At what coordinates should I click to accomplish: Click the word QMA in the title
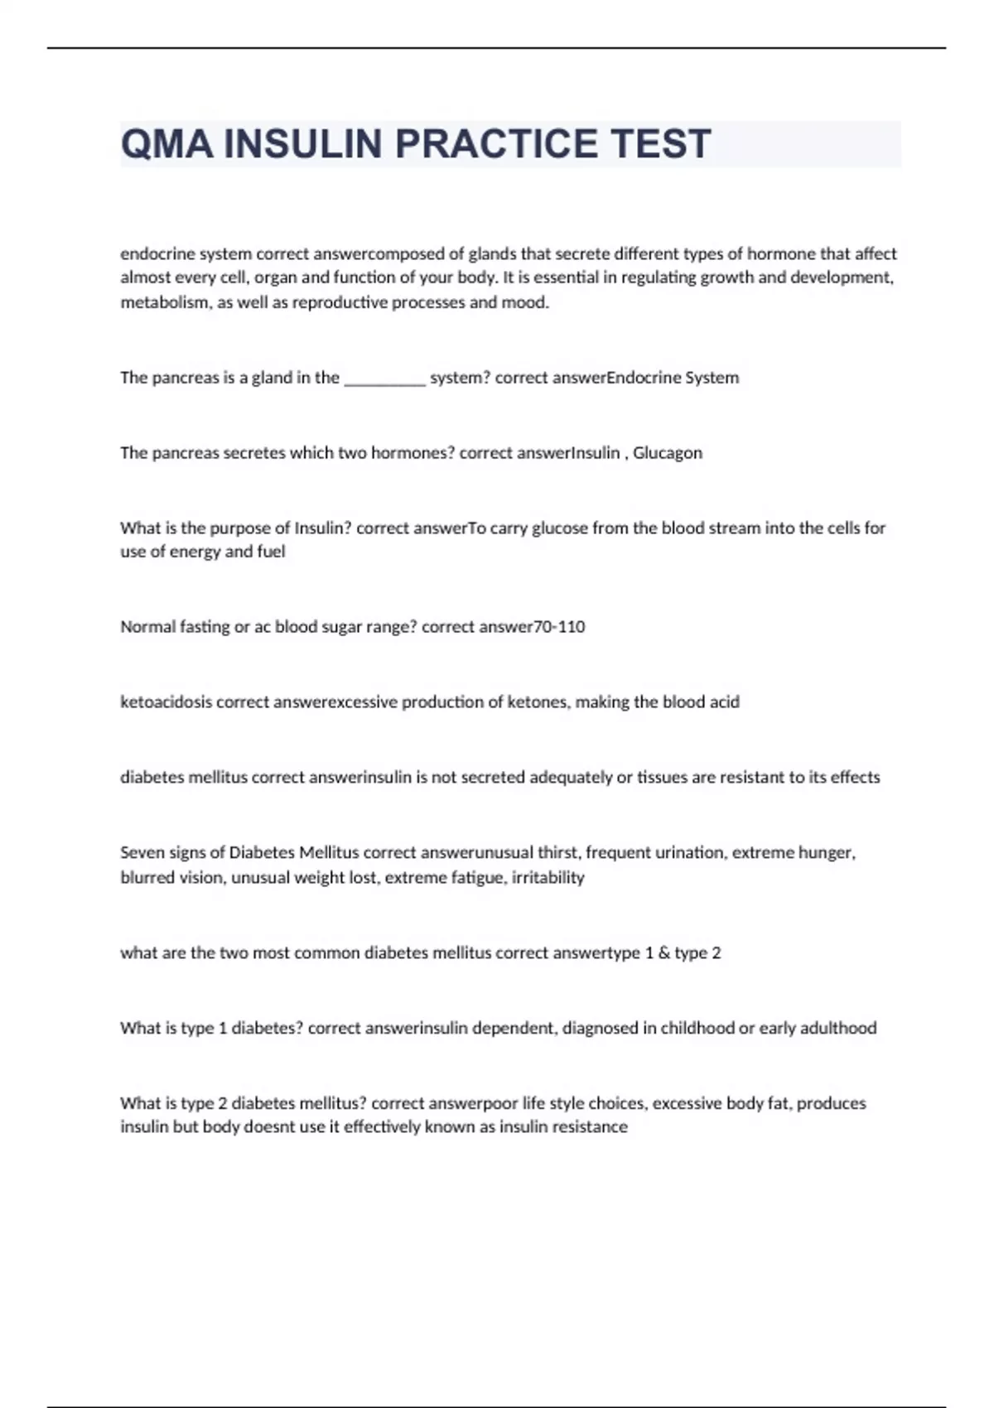pyautogui.click(x=166, y=144)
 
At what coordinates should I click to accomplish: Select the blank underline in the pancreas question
pyautogui.click(x=384, y=379)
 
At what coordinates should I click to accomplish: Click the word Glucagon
pyautogui.click(x=668, y=453)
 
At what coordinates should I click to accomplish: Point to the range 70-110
pyautogui.click(x=560, y=627)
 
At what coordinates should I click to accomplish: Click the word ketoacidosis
pyautogui.click(x=166, y=702)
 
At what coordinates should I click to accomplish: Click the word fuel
pyautogui.click(x=271, y=552)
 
